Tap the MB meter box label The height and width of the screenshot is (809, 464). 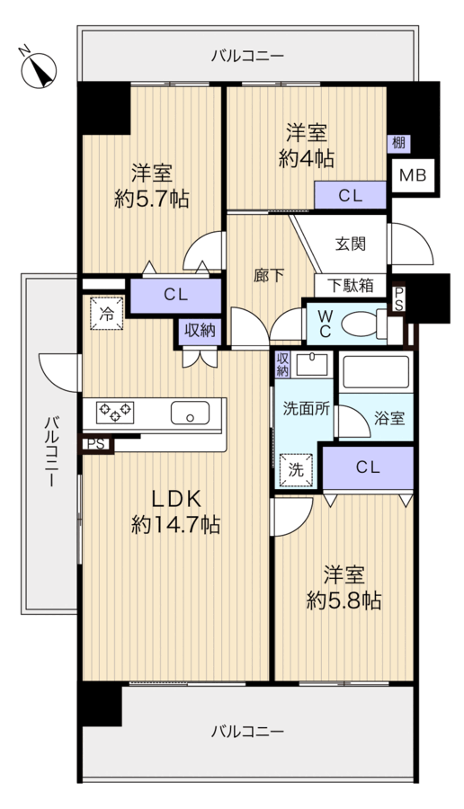point(413,175)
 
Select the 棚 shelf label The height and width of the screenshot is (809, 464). point(398,143)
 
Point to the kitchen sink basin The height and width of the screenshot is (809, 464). point(191,413)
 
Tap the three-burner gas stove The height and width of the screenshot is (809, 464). point(115,413)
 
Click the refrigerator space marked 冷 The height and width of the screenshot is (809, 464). point(107,314)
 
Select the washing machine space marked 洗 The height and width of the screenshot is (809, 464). point(296,470)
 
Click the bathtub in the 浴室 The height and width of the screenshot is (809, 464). point(376,371)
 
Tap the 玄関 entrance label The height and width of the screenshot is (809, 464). point(351,244)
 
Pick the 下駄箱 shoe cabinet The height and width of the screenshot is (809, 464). point(351,285)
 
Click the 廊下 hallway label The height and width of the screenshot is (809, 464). point(268,276)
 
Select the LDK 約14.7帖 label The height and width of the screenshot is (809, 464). point(175,511)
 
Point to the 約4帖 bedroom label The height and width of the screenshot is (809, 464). point(307,146)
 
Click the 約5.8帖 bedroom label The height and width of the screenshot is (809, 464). point(344,587)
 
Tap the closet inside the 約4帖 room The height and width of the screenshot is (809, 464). point(351,196)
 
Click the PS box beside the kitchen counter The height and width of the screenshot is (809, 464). point(95,444)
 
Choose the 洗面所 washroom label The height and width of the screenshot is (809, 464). point(306,409)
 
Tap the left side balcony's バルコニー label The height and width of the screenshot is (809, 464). point(51,451)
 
